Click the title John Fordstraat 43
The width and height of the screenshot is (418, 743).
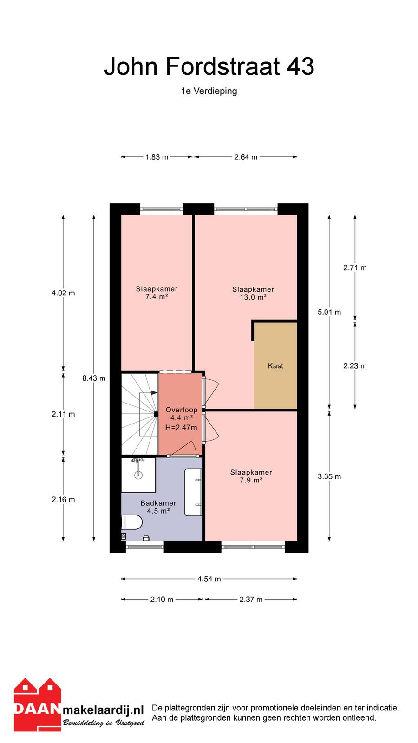(209, 66)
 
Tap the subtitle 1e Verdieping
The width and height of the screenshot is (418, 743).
(209, 91)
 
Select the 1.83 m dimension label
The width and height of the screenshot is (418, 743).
(157, 157)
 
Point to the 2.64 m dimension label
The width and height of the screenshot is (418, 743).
(246, 157)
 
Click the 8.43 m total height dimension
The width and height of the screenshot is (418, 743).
(94, 378)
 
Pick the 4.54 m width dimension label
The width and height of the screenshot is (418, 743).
(209, 579)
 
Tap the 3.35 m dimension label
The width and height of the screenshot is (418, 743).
(329, 476)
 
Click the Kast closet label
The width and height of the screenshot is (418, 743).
(275, 366)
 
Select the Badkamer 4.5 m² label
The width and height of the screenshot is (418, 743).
(158, 507)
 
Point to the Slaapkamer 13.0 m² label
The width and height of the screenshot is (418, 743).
(253, 293)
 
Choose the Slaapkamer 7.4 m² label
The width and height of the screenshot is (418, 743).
(157, 293)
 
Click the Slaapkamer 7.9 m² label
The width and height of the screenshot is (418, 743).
(251, 476)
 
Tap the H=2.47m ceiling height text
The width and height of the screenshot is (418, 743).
(181, 428)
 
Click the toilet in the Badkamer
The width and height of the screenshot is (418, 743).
(132, 522)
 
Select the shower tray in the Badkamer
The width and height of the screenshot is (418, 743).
(138, 475)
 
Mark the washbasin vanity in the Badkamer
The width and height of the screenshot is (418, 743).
(193, 492)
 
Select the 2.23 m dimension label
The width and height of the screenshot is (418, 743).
(355, 366)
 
